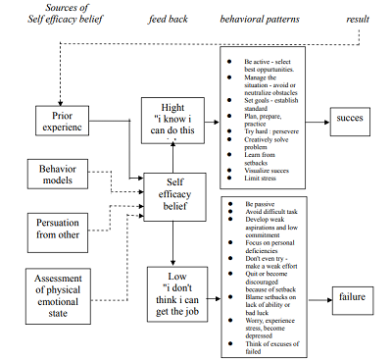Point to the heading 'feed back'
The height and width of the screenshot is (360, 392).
point(166,18)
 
